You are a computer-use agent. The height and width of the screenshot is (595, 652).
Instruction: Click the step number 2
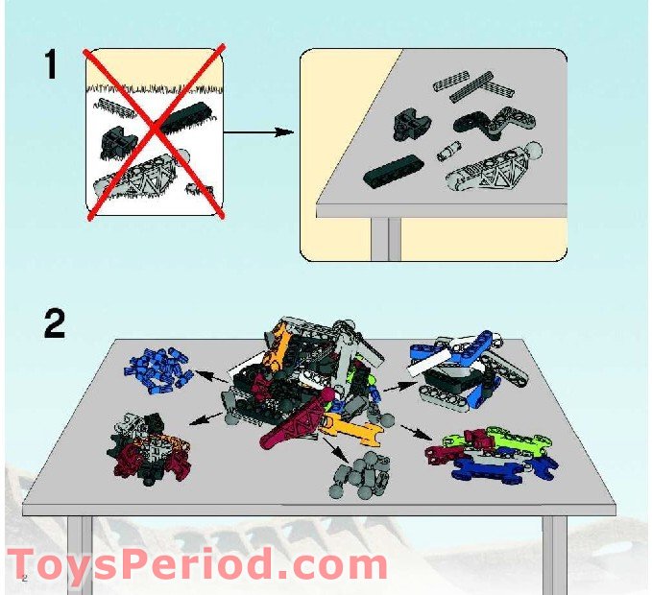(55, 323)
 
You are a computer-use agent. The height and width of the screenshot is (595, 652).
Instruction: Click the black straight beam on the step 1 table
(393, 171)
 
